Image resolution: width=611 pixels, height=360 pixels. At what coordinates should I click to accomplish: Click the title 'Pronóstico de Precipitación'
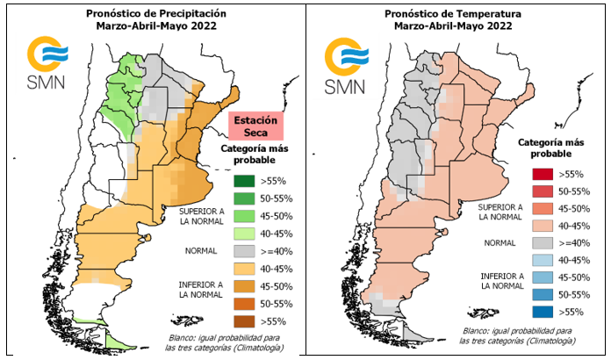click(x=156, y=14)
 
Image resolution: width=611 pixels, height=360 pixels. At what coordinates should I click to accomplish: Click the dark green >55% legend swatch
click(x=243, y=181)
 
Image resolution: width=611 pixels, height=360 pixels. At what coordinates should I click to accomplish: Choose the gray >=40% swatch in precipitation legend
click(x=243, y=252)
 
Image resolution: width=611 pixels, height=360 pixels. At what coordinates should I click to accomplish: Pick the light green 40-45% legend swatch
click(x=243, y=234)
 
